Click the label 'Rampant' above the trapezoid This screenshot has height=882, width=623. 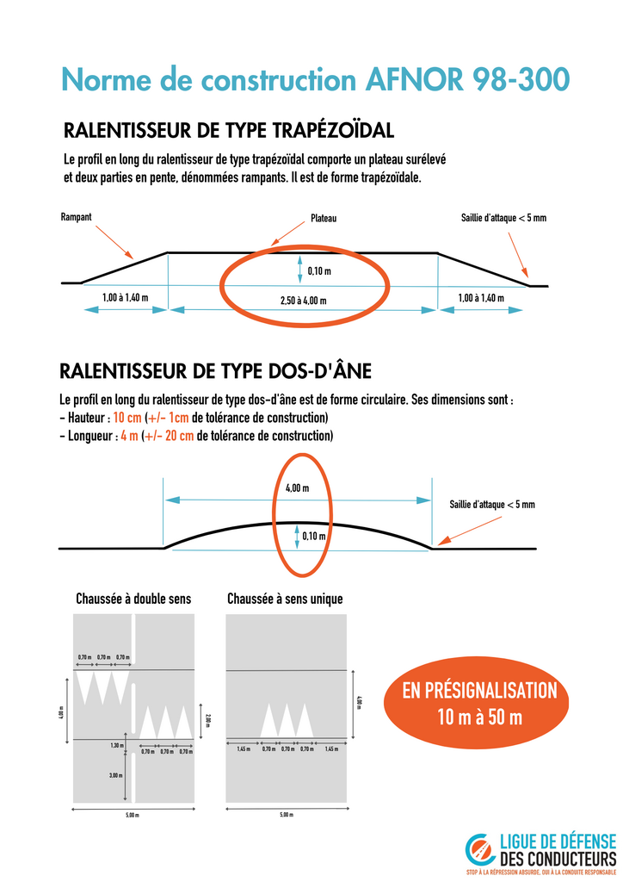[77, 217]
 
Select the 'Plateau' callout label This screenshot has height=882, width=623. [324, 219]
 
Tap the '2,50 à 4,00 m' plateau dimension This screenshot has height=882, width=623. [304, 301]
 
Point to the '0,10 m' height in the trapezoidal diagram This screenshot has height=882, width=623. [319, 272]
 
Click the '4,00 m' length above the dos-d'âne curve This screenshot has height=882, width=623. [297, 488]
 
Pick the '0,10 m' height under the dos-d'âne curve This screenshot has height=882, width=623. [315, 536]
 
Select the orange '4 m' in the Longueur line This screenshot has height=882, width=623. [129, 436]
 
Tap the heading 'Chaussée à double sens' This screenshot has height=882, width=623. [133, 599]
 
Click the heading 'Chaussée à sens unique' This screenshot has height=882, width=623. [285, 599]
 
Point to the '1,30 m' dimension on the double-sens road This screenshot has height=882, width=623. [117, 745]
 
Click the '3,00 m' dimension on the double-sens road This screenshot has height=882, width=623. [115, 776]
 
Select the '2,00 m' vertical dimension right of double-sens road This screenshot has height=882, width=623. [207, 720]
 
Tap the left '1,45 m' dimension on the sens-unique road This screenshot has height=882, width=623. [244, 749]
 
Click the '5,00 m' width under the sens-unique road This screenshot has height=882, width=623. [286, 815]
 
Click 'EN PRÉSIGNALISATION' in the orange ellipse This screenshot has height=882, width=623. [479, 691]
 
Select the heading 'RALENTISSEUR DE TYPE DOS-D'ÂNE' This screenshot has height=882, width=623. [215, 372]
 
